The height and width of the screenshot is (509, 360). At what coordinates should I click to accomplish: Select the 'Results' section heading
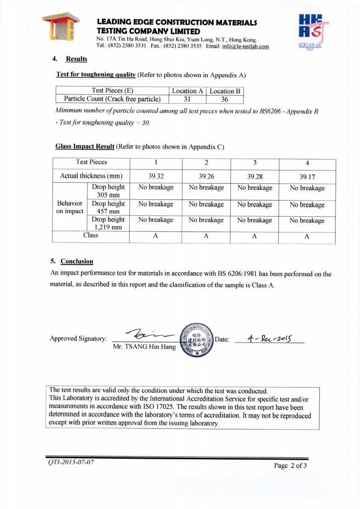[77, 59]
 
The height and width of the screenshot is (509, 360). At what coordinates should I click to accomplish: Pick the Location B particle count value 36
[225, 99]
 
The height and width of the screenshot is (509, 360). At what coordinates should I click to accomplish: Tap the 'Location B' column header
[225, 91]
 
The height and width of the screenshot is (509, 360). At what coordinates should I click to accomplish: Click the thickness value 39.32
[156, 176]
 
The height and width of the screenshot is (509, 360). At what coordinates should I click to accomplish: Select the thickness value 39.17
[307, 176]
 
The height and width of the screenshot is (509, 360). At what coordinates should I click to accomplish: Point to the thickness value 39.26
[206, 176]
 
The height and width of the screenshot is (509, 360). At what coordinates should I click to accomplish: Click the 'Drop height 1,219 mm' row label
[108, 224]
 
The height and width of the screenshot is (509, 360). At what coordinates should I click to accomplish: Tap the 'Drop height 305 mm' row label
[108, 191]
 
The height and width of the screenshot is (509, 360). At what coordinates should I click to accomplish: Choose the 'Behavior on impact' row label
[70, 207]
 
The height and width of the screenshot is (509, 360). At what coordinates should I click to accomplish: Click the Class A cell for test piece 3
[254, 236]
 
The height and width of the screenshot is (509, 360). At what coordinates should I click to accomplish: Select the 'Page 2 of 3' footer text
[291, 465]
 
